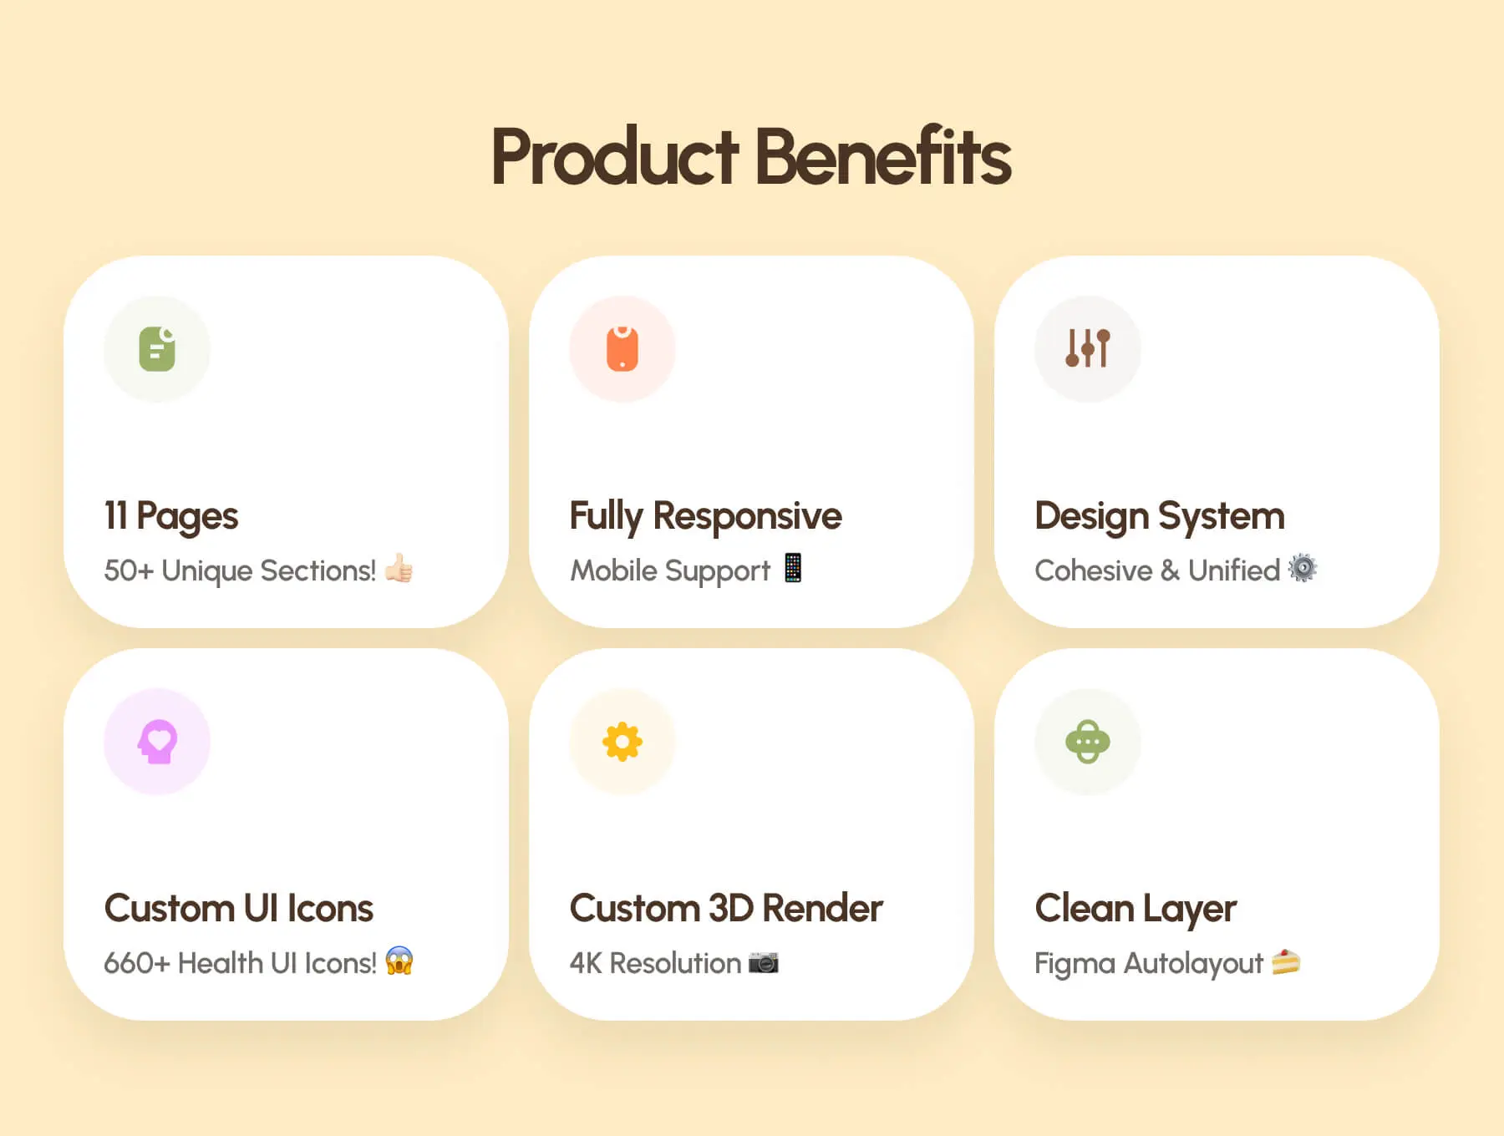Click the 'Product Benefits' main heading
(x=751, y=156)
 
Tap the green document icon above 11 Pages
(x=157, y=348)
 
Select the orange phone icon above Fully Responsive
(x=622, y=348)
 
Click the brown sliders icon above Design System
(x=1088, y=348)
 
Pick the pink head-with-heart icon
(x=157, y=741)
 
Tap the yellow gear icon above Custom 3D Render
(x=622, y=742)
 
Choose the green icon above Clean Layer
(x=1088, y=741)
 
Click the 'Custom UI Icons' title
(x=239, y=908)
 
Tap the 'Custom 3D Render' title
(x=726, y=908)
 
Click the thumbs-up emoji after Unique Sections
(x=399, y=569)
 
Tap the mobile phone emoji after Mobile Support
(x=793, y=568)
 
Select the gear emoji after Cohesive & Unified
(x=1303, y=568)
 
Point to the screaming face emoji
(x=399, y=961)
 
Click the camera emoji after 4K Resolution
(x=764, y=962)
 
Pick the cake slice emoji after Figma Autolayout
(x=1286, y=962)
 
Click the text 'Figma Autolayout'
(x=1149, y=964)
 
